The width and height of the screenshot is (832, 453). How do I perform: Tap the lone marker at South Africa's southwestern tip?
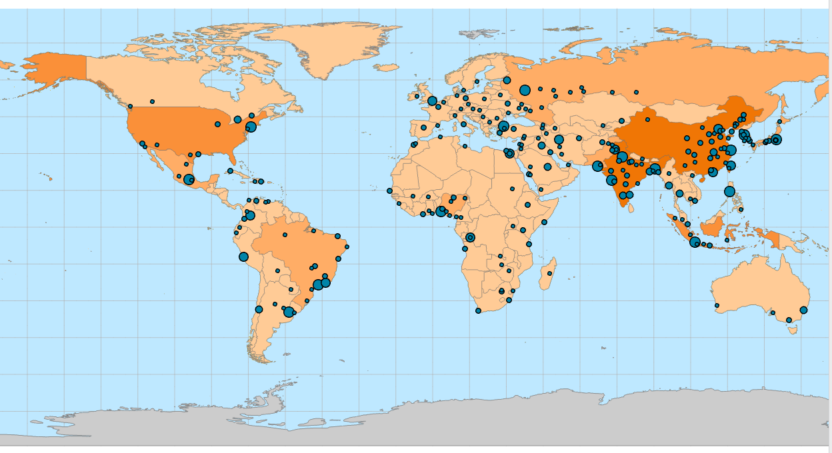(x=478, y=310)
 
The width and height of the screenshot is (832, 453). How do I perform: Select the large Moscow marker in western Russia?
(x=525, y=90)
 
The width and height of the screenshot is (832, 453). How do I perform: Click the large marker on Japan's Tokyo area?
(x=776, y=140)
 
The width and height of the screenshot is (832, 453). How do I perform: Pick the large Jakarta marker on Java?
(x=695, y=242)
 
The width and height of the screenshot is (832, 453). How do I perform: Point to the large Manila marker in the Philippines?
(x=729, y=191)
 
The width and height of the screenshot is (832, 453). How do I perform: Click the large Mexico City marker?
(x=189, y=179)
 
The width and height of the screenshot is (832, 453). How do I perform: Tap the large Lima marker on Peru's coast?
(x=243, y=256)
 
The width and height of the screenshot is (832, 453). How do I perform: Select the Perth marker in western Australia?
(x=717, y=306)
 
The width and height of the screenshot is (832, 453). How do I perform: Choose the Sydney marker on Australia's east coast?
(x=803, y=310)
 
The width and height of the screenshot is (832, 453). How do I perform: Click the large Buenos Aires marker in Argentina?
(x=289, y=312)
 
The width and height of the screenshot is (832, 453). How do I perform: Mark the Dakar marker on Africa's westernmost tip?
(x=389, y=191)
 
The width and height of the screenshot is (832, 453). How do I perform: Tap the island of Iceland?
(x=387, y=67)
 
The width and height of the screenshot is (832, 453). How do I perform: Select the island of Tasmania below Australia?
(x=793, y=329)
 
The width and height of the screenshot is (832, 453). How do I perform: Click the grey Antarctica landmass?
(x=467, y=420)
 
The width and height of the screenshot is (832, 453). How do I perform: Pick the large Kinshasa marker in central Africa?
(x=471, y=237)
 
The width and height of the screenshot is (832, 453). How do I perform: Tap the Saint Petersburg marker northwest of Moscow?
(x=507, y=80)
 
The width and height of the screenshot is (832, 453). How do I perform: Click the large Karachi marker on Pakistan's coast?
(x=597, y=166)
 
